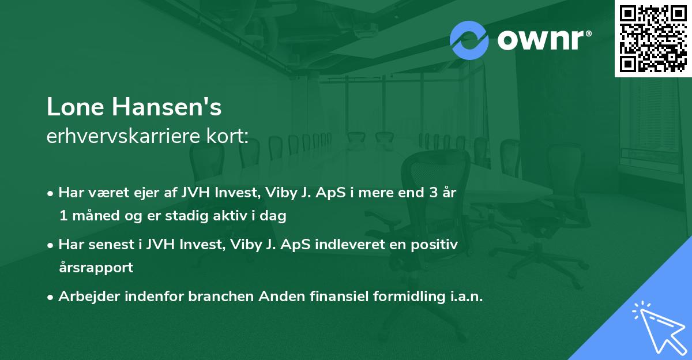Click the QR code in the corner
coord(653,38)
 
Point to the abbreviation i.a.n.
coord(464,297)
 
